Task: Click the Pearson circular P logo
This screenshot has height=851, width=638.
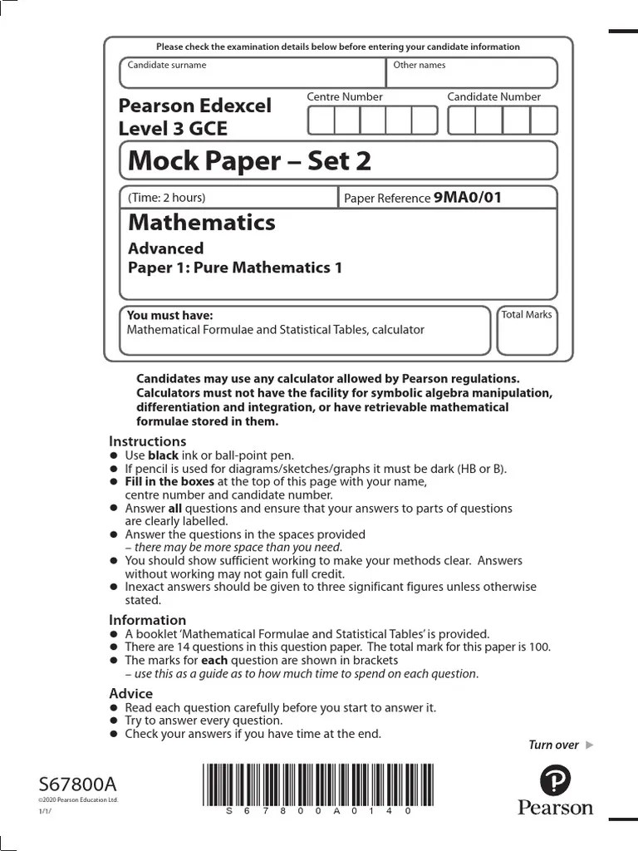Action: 555,781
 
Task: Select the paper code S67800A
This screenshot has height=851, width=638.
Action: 78,785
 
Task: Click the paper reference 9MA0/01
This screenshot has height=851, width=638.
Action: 468,198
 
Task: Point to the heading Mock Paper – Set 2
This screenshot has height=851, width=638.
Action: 249,160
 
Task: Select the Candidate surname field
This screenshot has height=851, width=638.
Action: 253,76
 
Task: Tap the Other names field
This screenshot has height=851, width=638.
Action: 471,76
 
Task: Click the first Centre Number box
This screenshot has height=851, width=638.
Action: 321,121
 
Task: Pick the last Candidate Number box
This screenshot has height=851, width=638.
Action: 544,121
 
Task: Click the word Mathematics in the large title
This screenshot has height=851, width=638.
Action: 202,223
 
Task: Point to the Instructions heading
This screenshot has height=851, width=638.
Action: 147,441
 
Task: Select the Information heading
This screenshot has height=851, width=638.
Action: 147,620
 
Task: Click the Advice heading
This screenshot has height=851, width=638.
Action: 130,693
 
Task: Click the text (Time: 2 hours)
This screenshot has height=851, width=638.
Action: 166,198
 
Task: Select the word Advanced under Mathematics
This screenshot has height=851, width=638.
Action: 165,248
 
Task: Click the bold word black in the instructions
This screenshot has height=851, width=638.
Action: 163,455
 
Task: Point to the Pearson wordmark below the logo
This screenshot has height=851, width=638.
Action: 555,808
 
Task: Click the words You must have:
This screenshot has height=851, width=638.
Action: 169,315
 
